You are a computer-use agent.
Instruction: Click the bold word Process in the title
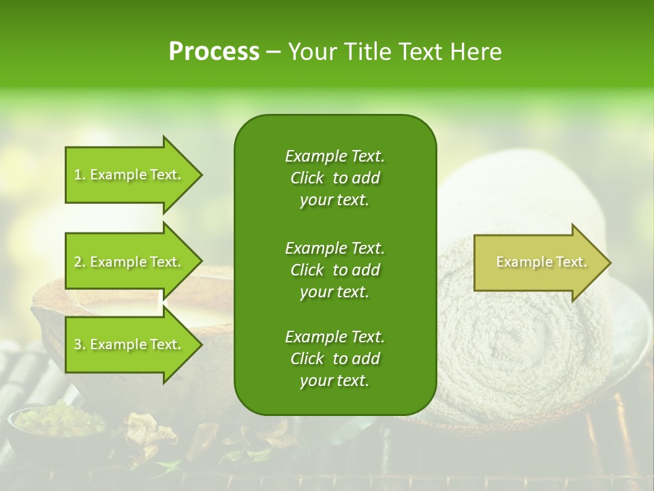click(214, 52)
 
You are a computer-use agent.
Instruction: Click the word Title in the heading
click(369, 52)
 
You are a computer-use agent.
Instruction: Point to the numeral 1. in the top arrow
click(80, 175)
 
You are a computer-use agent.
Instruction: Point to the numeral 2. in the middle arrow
click(80, 262)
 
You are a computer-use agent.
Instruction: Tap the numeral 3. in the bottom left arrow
click(80, 344)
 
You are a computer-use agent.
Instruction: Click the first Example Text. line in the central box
click(334, 156)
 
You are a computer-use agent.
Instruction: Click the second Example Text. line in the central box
click(334, 248)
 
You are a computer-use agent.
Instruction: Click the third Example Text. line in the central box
click(334, 337)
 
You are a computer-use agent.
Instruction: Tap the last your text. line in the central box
click(334, 381)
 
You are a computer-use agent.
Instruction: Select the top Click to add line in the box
click(334, 178)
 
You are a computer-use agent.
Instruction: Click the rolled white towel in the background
click(531, 341)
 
